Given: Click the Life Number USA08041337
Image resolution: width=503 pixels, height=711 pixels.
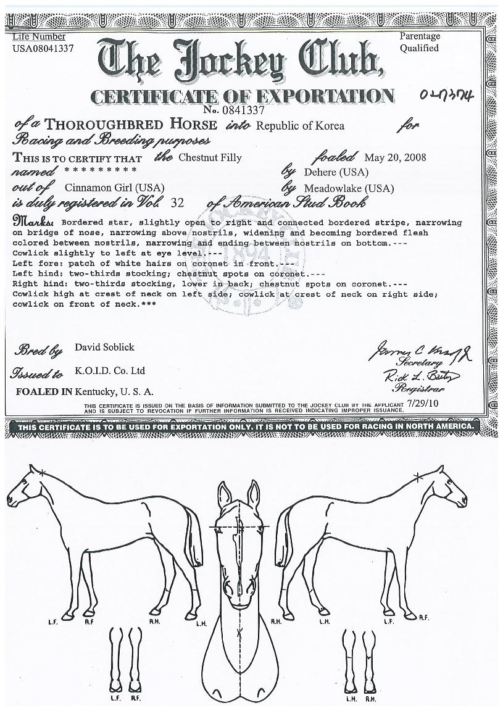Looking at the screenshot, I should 43,48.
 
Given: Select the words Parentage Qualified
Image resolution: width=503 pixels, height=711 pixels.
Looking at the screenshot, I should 419,42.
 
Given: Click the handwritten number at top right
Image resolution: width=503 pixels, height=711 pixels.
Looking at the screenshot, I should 445,96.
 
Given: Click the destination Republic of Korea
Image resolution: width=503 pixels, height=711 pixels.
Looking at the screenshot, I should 300,126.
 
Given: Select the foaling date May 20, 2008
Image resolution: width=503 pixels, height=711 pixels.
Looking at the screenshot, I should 395,157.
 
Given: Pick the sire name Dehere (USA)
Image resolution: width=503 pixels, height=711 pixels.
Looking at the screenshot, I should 336,172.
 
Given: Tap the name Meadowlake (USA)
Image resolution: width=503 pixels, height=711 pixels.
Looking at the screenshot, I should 349,188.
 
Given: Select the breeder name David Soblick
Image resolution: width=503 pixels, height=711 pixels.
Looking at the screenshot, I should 104,347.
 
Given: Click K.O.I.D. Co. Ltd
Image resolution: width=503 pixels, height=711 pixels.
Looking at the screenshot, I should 110,371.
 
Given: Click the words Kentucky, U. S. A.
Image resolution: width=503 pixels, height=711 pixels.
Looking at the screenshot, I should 114,391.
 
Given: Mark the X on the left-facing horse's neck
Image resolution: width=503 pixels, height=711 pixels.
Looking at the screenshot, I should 42,472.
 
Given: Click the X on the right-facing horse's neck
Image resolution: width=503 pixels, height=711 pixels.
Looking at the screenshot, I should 417,475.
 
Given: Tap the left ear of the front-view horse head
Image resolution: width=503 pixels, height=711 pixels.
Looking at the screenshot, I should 225,493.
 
